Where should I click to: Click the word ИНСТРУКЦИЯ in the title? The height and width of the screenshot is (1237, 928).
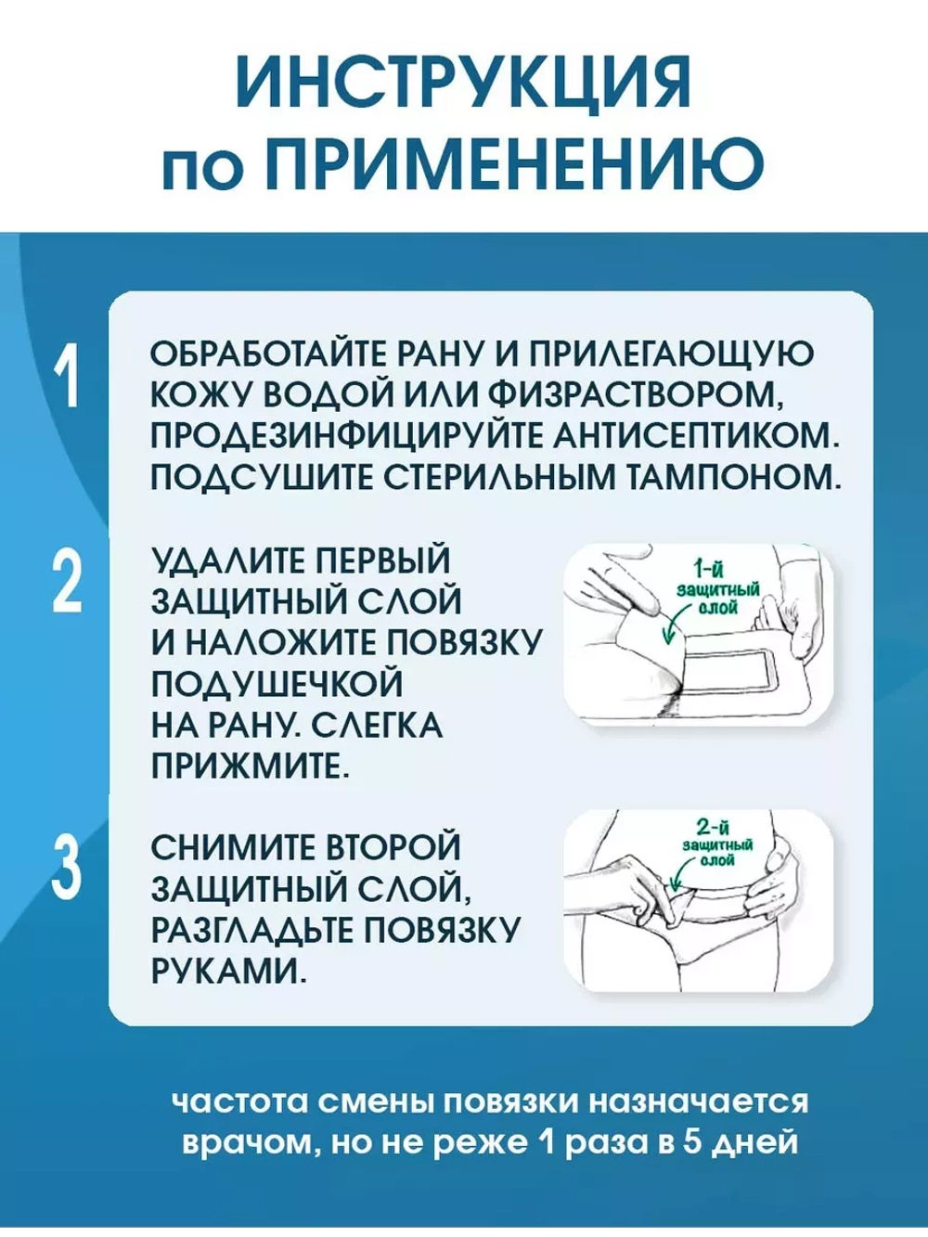(x=463, y=83)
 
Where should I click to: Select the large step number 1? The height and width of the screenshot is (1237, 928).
(x=67, y=377)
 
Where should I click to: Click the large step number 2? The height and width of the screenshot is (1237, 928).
(x=67, y=582)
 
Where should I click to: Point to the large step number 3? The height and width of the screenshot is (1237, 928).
(x=67, y=867)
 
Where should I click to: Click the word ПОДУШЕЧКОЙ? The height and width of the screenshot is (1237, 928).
(x=277, y=684)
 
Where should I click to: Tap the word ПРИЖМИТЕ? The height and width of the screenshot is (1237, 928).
(x=250, y=766)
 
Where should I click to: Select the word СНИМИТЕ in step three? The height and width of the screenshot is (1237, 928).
(x=231, y=847)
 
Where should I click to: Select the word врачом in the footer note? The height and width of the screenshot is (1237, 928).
(x=244, y=1140)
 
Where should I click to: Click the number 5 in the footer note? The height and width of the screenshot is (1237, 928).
(x=690, y=1140)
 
